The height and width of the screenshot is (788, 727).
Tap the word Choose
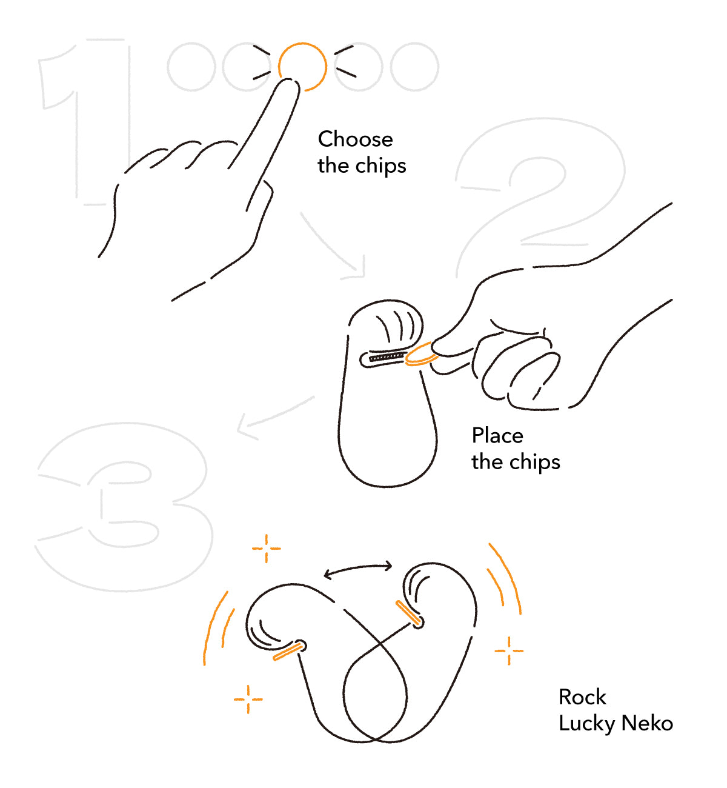[356, 139]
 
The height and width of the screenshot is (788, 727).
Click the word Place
[497, 435]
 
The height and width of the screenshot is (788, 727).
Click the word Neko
[647, 723]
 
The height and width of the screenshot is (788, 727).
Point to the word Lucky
[587, 724]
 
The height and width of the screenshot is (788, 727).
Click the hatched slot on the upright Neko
[387, 357]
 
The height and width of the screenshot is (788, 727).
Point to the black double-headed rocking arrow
[358, 568]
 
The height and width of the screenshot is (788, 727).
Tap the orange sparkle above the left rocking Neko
[267, 549]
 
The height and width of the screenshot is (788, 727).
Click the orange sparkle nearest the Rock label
[509, 651]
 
